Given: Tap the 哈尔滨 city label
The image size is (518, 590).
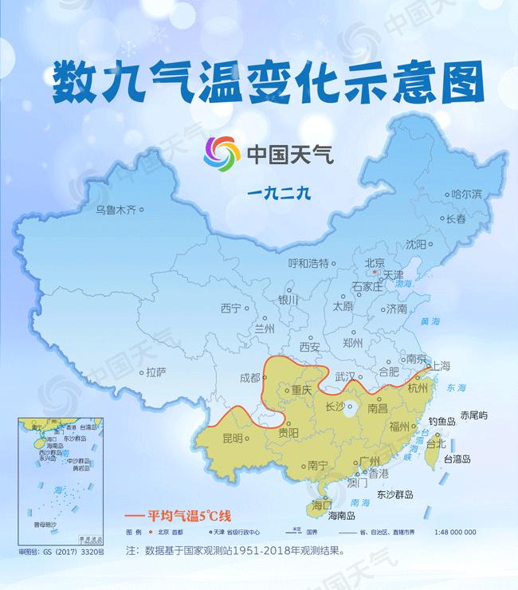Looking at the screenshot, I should (466, 194).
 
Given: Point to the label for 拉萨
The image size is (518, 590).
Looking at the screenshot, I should (155, 372).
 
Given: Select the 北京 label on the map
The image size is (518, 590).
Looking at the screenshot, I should (375, 262).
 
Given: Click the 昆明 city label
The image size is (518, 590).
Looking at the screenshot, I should (233, 438).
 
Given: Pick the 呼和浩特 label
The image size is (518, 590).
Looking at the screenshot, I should (308, 264).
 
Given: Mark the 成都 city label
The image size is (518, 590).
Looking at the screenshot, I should (249, 378).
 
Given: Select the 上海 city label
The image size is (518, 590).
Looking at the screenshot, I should (441, 366).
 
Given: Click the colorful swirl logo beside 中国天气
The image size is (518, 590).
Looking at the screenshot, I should (222, 151).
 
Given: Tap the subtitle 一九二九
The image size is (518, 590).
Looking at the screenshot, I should (283, 191).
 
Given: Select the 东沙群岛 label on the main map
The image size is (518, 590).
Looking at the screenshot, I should (394, 494).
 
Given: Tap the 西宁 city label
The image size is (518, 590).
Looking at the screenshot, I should (230, 309).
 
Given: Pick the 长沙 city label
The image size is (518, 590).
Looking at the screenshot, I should (336, 407).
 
